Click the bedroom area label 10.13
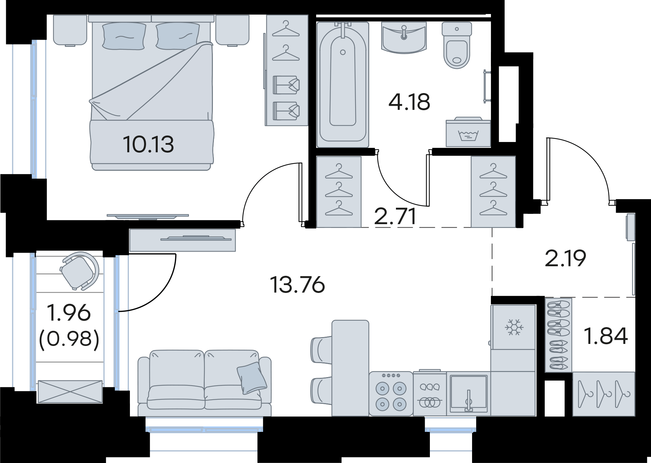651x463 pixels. click(148, 144)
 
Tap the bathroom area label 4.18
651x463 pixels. click(409, 102)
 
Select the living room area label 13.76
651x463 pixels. click(297, 285)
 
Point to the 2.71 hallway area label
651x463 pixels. click(395, 216)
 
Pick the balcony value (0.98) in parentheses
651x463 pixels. click(69, 339)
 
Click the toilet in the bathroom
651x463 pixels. click(457, 45)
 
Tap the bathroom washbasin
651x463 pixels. click(404, 38)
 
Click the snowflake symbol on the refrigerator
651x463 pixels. click(514, 327)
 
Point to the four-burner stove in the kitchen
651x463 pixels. click(391, 394)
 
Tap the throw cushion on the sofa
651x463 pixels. click(252, 377)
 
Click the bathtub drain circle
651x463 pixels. click(342, 52)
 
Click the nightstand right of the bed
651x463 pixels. click(232, 30)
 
